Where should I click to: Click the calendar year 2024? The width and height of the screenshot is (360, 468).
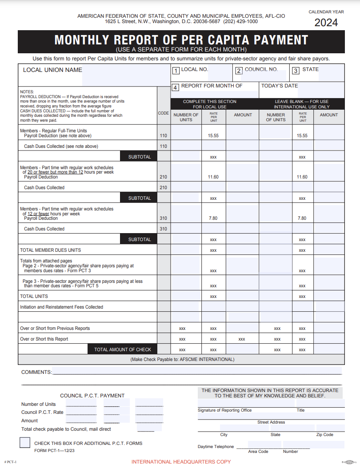[326, 23]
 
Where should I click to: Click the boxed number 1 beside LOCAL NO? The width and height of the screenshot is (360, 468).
[176, 70]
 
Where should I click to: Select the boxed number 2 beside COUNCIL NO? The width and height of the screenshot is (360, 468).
[239, 70]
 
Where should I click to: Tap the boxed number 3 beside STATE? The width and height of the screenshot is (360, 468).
[296, 70]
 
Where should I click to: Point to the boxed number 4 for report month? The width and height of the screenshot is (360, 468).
[176, 87]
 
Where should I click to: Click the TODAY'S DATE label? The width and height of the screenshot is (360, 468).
[280, 86]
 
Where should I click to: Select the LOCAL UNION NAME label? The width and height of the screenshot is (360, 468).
[52, 70]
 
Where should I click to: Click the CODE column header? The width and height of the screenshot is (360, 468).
[164, 113]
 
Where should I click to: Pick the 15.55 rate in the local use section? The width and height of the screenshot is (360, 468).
[213, 136]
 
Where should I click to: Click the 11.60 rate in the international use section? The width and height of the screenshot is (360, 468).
[302, 177]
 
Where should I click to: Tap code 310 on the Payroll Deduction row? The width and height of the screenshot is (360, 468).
[164, 218]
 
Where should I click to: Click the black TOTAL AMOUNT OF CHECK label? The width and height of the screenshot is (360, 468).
[123, 350]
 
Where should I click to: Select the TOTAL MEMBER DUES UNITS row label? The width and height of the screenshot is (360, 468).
[50, 250]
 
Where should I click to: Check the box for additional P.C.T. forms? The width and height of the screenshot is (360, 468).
[25, 443]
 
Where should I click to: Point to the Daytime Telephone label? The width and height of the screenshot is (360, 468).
[216, 447]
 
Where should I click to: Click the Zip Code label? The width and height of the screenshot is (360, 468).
[325, 435]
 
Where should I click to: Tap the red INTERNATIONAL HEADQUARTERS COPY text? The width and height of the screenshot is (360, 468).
[181, 462]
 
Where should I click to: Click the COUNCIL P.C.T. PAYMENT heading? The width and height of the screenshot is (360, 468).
[92, 396]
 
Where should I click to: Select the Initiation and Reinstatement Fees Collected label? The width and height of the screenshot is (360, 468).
[61, 307]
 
